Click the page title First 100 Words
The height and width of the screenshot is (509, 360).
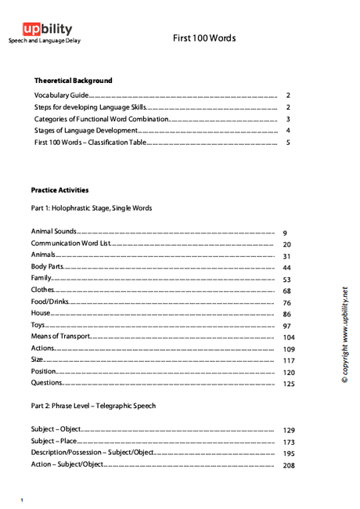point(204,38)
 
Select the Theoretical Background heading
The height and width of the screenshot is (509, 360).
point(74,81)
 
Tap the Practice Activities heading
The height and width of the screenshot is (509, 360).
point(59,190)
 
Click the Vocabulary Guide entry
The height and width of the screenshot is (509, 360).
point(62,95)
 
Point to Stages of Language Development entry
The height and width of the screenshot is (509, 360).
point(86,131)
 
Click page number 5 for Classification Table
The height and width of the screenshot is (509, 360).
point(288,143)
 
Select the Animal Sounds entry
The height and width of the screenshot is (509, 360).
point(54,233)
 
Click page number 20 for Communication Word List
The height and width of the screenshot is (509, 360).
point(286,244)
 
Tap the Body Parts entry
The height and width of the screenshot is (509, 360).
point(47,267)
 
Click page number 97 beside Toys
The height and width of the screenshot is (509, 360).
point(286,326)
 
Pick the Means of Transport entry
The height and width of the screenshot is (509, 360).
point(61,336)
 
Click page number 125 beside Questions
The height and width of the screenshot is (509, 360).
point(289,384)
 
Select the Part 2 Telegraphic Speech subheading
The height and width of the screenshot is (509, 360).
point(93,406)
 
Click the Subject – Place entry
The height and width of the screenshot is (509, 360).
point(54,442)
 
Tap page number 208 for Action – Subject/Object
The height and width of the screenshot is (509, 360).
point(289,465)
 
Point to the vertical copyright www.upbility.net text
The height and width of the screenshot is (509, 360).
point(344,335)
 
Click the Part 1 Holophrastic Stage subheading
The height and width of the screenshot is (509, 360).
point(92,208)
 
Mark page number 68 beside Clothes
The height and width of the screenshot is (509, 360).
point(286,291)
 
